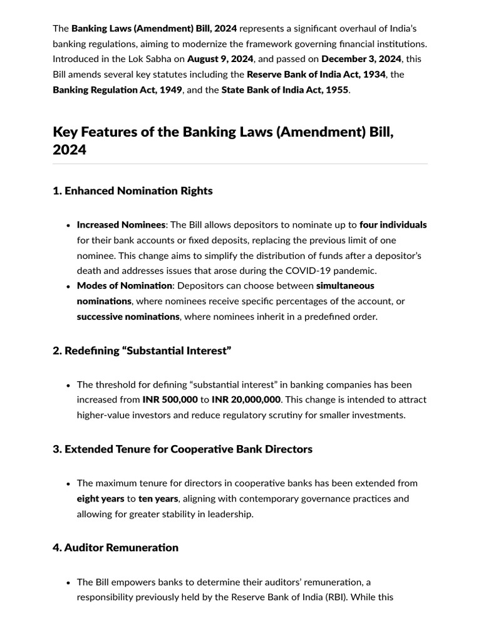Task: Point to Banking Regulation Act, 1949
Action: pyautogui.click(x=117, y=90)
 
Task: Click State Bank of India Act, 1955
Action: pyautogui.click(x=285, y=90)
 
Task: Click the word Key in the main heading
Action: pyautogui.click(x=65, y=132)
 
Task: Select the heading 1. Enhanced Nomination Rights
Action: pyautogui.click(x=133, y=191)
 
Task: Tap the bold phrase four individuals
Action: pyautogui.click(x=393, y=224)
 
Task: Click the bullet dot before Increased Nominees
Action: pyautogui.click(x=68, y=225)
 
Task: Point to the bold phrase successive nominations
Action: pyautogui.click(x=128, y=317)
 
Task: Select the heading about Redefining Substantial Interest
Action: pyautogui.click(x=142, y=350)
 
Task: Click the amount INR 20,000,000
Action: pyautogui.click(x=246, y=399)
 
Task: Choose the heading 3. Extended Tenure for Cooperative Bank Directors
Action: pyautogui.click(x=182, y=449)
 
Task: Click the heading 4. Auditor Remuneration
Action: pyautogui.click(x=116, y=547)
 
